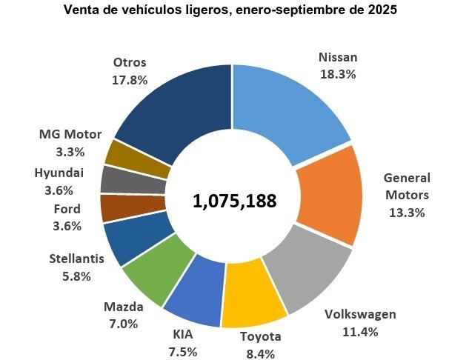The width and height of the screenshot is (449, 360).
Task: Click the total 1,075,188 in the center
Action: point(234,201)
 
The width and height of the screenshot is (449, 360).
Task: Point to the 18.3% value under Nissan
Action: point(338,74)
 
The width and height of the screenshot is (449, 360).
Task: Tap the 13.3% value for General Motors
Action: point(406,213)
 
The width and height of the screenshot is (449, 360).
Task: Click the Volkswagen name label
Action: point(361,315)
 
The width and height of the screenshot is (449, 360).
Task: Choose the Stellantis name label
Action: point(76,259)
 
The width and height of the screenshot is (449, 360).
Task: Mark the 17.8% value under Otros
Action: point(130,79)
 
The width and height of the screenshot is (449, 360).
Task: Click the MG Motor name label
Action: point(70,135)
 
